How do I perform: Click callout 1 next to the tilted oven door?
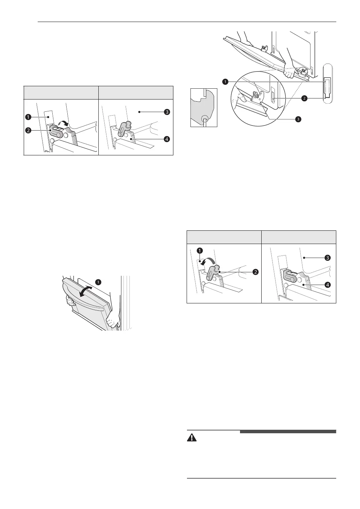[99, 281]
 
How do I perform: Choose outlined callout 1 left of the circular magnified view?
[226, 81]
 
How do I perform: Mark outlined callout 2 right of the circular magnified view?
[304, 98]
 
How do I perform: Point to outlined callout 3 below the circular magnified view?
[298, 119]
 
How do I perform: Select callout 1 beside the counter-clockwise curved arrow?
[200, 250]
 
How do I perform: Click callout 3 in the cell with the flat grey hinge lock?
[328, 258]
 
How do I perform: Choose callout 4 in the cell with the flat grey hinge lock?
[328, 285]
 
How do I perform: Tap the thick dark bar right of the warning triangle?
[288, 431]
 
